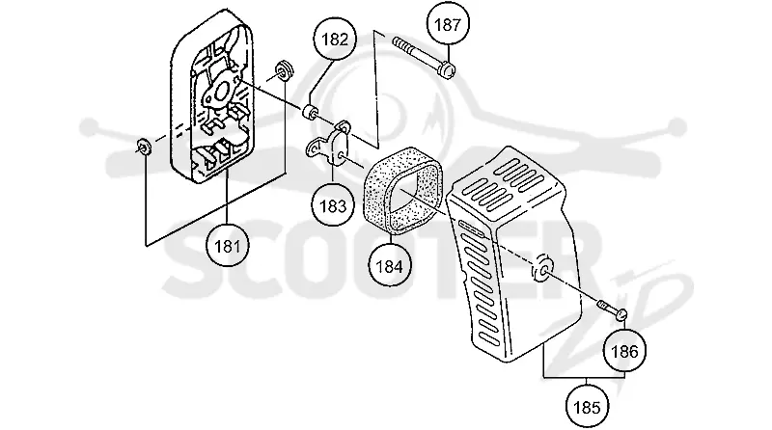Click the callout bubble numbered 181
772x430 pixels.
click(228, 246)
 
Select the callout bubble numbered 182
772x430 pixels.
click(335, 40)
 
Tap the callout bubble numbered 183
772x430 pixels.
click(333, 205)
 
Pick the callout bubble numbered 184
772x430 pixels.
click(389, 266)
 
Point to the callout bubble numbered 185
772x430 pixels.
click(587, 408)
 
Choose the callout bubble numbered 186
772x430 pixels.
click(624, 351)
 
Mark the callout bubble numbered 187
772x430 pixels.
click(448, 23)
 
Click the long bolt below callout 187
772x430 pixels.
click(424, 57)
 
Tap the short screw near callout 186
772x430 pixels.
click(613, 309)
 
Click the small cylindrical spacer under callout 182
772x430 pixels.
click(310, 112)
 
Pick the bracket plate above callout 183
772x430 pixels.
click(329, 143)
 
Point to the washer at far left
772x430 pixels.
click(143, 147)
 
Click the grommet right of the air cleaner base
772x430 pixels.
click(284, 69)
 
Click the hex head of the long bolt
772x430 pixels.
click(447, 68)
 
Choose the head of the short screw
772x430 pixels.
click(620, 314)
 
